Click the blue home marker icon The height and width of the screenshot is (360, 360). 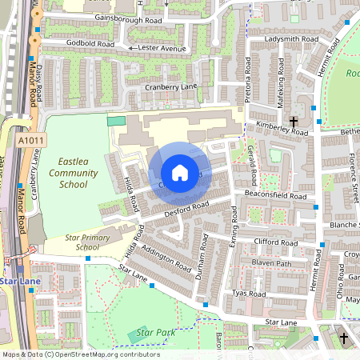(x=180, y=173)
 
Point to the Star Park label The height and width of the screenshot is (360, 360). (x=155, y=331)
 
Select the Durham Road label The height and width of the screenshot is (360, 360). (x=201, y=254)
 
